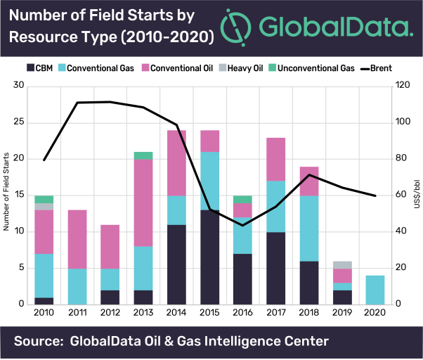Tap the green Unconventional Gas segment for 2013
point(143,155)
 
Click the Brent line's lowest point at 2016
point(242,225)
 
